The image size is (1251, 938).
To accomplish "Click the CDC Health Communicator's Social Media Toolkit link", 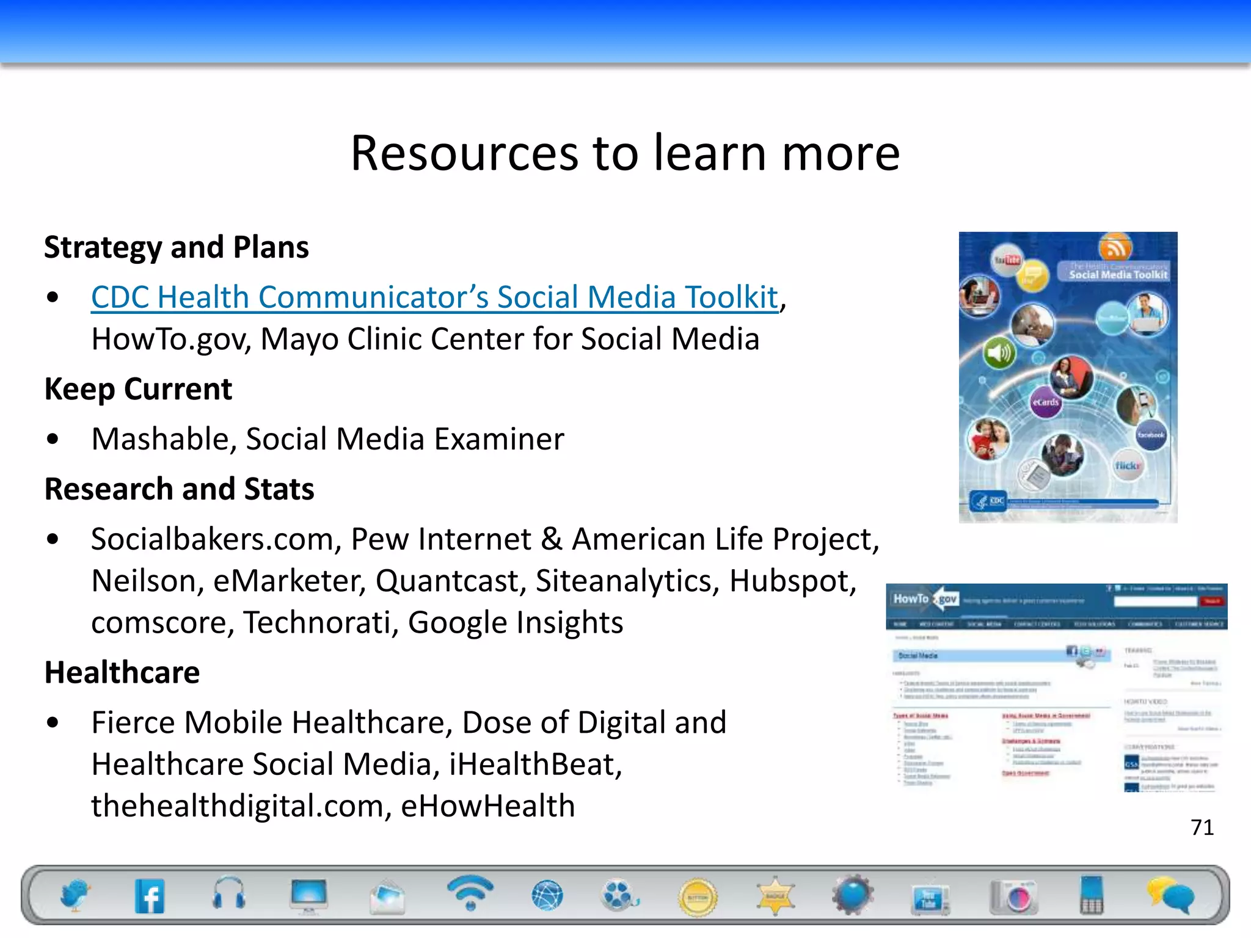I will pyautogui.click(x=434, y=298).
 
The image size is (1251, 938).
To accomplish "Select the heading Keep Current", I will pyautogui.click(x=138, y=389).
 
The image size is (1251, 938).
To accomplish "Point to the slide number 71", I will pyautogui.click(x=1202, y=827).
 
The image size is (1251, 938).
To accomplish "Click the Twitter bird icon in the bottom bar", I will pyautogui.click(x=75, y=895).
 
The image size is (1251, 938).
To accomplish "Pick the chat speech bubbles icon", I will pyautogui.click(x=1170, y=895).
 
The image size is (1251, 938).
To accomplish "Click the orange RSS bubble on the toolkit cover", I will pyautogui.click(x=1115, y=248).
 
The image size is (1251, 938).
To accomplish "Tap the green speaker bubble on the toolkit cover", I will pyautogui.click(x=999, y=353).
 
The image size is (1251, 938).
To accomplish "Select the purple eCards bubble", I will pyautogui.click(x=1045, y=402).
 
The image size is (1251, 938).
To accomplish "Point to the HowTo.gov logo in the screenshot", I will pyautogui.click(x=925, y=599).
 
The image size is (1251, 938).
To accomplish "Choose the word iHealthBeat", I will pyautogui.click(x=534, y=765).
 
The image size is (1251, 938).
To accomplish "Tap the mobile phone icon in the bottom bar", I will pyautogui.click(x=1092, y=895).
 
